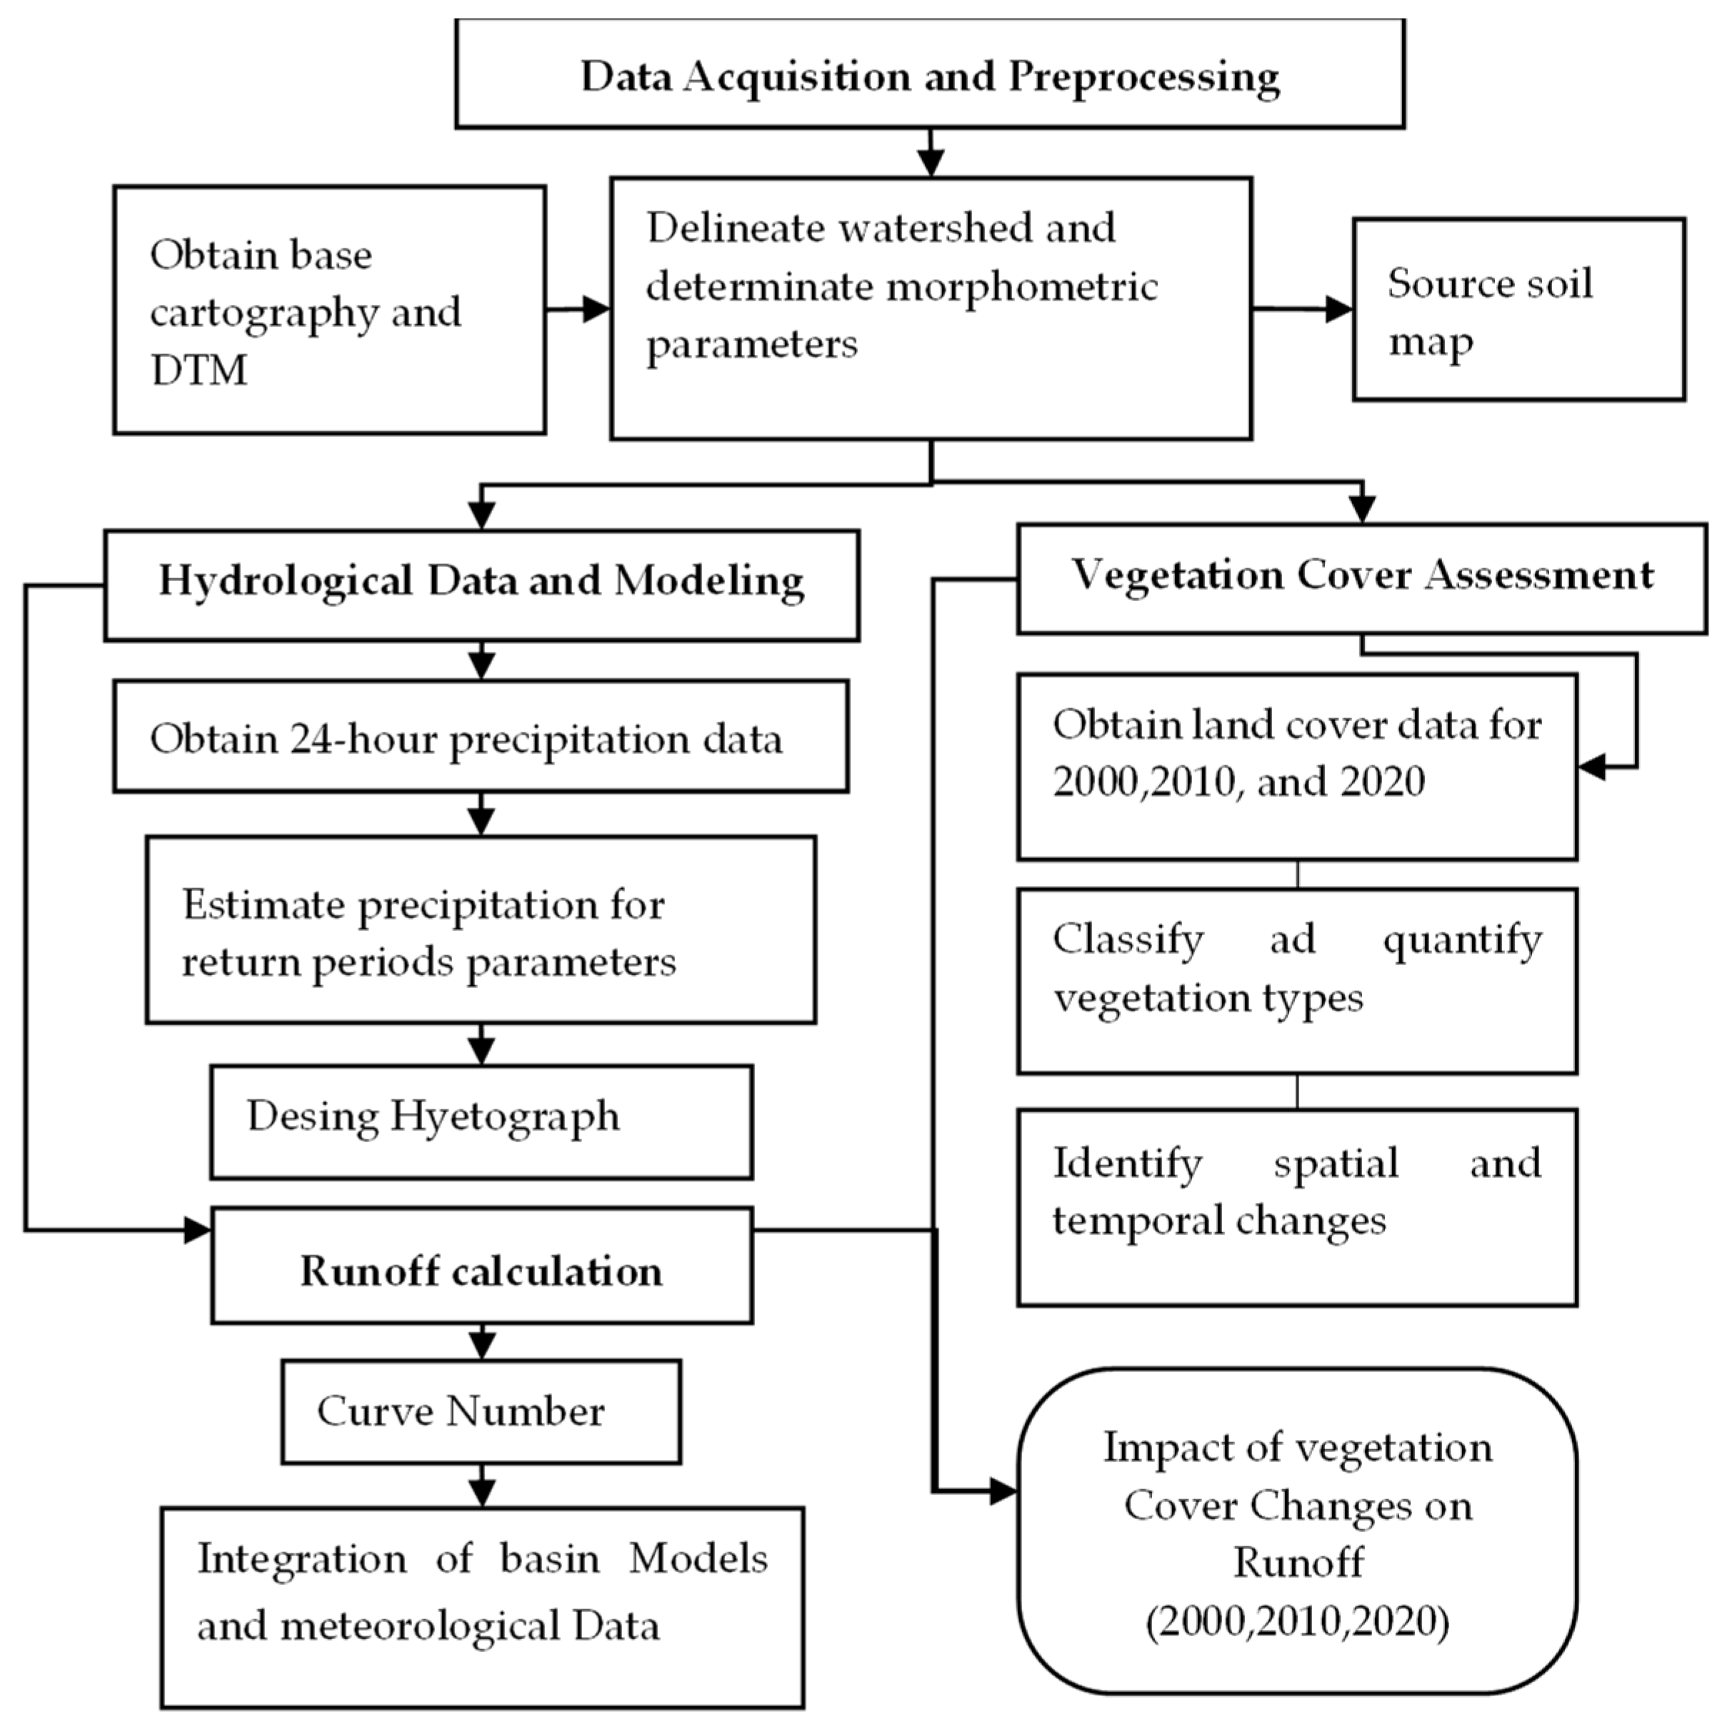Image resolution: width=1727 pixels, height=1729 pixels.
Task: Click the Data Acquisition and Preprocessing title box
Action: point(929,74)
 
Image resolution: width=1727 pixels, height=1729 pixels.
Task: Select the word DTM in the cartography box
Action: point(199,370)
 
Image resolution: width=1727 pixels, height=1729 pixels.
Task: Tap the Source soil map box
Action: point(1518,308)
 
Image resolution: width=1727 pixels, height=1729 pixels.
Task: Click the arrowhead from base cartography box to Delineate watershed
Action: point(596,310)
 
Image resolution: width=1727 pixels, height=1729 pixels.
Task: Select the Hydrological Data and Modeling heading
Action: point(481,581)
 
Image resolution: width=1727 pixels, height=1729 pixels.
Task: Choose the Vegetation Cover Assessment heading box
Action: point(1362,575)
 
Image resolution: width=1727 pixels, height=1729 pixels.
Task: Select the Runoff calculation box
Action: point(481,1270)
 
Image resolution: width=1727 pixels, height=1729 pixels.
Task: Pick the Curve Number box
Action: point(481,1411)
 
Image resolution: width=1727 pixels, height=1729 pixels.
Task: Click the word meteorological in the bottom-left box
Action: point(419,1625)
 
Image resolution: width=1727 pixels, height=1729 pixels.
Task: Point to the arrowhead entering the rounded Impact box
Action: point(1003,1492)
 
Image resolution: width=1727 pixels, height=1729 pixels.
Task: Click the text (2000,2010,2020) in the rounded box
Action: point(1297,1620)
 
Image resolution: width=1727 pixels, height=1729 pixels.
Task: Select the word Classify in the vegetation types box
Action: point(1128,939)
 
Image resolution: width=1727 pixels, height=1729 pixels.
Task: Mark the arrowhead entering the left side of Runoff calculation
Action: point(197,1229)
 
